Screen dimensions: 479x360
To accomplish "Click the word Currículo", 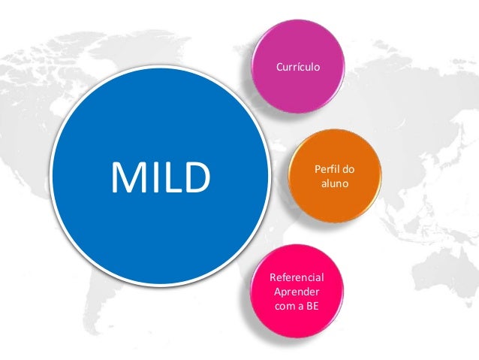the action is coord(298,67).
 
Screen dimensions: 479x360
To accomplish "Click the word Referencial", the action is coord(297,279).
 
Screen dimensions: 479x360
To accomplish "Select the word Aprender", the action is coord(297,292).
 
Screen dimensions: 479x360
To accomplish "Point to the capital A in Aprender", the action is coord(278,292).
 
